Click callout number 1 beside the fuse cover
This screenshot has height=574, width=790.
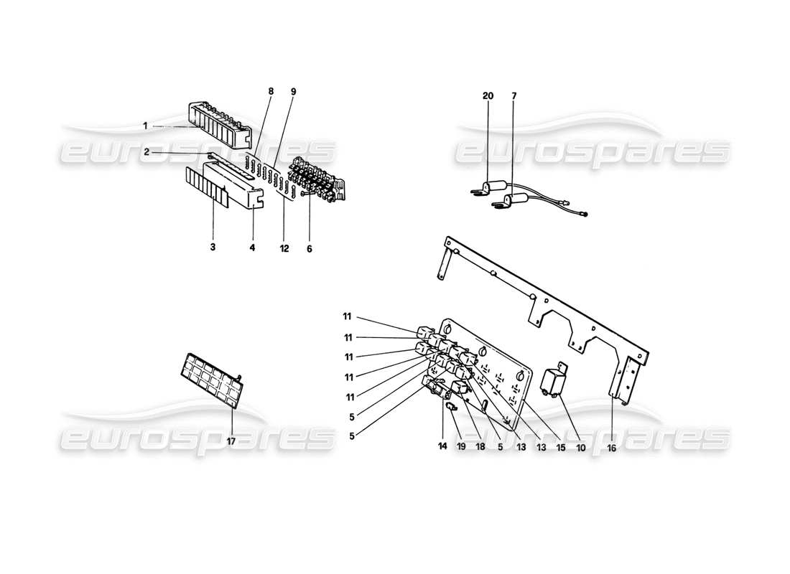point(145,125)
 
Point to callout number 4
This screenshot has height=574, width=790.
point(253,248)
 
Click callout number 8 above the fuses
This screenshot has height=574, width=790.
point(271,92)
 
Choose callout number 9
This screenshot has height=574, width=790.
point(293,92)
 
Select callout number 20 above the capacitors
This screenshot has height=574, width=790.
point(488,96)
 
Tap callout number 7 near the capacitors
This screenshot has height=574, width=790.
point(513,96)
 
